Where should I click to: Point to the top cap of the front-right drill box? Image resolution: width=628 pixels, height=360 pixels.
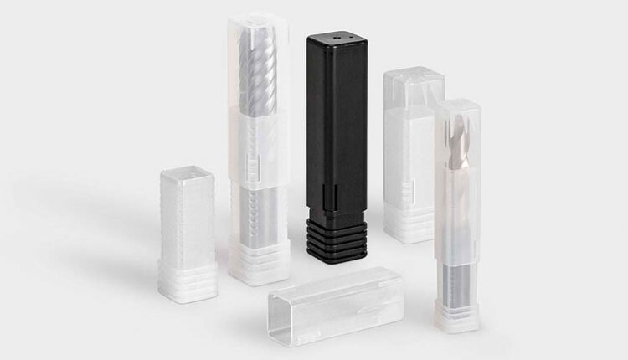click(x=457, y=108)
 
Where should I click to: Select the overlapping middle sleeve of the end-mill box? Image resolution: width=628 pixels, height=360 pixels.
click(x=255, y=147)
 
